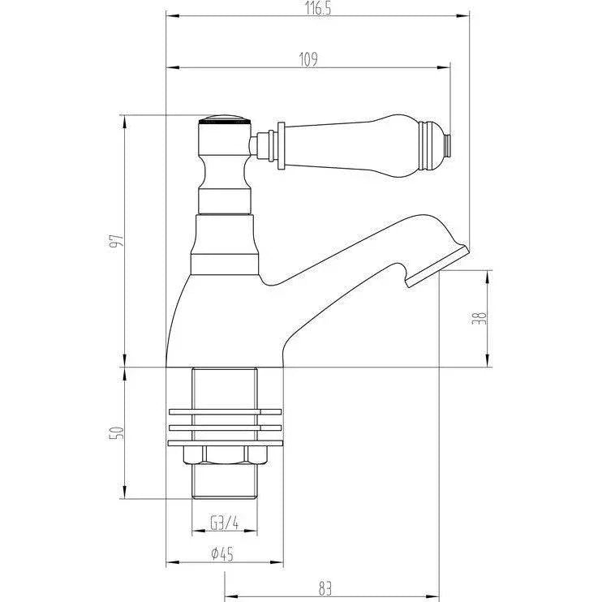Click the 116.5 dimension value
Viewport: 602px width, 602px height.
(x=318, y=8)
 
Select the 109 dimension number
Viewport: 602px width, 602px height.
(x=308, y=59)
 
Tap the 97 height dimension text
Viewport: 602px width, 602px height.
(x=117, y=240)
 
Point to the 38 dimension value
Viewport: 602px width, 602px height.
(x=479, y=318)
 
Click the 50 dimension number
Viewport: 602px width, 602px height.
(x=117, y=433)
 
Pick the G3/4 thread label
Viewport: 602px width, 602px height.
(x=225, y=522)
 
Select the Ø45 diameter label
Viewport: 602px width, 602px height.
(x=222, y=553)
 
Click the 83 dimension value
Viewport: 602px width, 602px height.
(x=325, y=588)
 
